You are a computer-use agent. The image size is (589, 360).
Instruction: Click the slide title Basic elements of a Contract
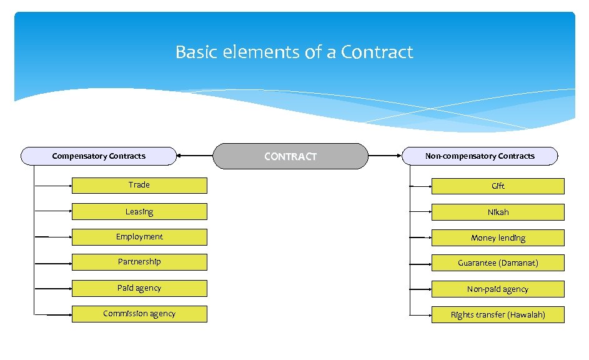point(294,52)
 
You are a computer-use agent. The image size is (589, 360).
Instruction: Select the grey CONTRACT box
point(290,156)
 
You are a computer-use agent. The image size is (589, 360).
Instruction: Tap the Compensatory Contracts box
point(99,156)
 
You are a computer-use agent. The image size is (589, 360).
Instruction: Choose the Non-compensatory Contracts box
point(480,156)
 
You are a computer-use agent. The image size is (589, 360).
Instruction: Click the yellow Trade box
point(139,186)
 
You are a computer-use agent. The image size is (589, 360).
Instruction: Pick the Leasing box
point(139,212)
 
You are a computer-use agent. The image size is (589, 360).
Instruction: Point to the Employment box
point(139,237)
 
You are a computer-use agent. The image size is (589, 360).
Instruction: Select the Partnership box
point(139,262)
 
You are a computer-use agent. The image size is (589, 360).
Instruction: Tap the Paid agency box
point(139,289)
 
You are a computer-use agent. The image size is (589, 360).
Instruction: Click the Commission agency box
point(139,314)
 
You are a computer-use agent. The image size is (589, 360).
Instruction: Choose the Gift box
point(498,186)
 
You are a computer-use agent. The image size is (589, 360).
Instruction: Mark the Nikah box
point(498,212)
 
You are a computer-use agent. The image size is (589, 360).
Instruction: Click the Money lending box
point(498,238)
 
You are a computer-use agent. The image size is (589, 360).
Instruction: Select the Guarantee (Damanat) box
point(498,263)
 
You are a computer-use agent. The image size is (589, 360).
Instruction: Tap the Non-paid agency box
point(498,289)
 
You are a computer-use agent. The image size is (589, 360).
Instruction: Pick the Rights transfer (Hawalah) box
point(498,315)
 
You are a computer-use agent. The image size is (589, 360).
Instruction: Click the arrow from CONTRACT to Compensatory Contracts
point(195,156)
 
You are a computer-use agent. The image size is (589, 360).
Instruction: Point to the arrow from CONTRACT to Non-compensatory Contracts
point(386,156)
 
